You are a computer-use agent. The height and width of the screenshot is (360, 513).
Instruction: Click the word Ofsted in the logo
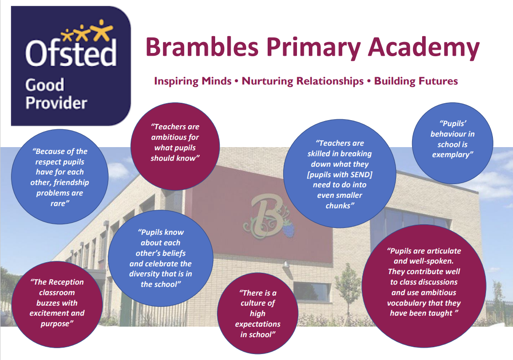pyautogui.click(x=71, y=53)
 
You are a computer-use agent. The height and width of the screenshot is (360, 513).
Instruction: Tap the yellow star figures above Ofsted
pyautogui.click(x=87, y=31)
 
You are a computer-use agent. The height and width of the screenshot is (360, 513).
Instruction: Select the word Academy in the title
pyautogui.click(x=423, y=48)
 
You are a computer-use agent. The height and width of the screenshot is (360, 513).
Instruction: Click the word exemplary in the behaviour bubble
pyautogui.click(x=453, y=154)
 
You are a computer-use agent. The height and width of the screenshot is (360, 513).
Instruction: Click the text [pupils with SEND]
pyautogui.click(x=339, y=175)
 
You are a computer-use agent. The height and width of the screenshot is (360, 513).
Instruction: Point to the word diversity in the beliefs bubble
pyautogui.click(x=144, y=274)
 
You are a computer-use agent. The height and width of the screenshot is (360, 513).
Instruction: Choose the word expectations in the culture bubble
pyautogui.click(x=258, y=324)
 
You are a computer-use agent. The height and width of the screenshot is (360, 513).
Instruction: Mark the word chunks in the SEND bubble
pyautogui.click(x=338, y=206)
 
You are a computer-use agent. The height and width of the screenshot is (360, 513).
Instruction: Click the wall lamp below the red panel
pyautogui.click(x=286, y=264)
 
